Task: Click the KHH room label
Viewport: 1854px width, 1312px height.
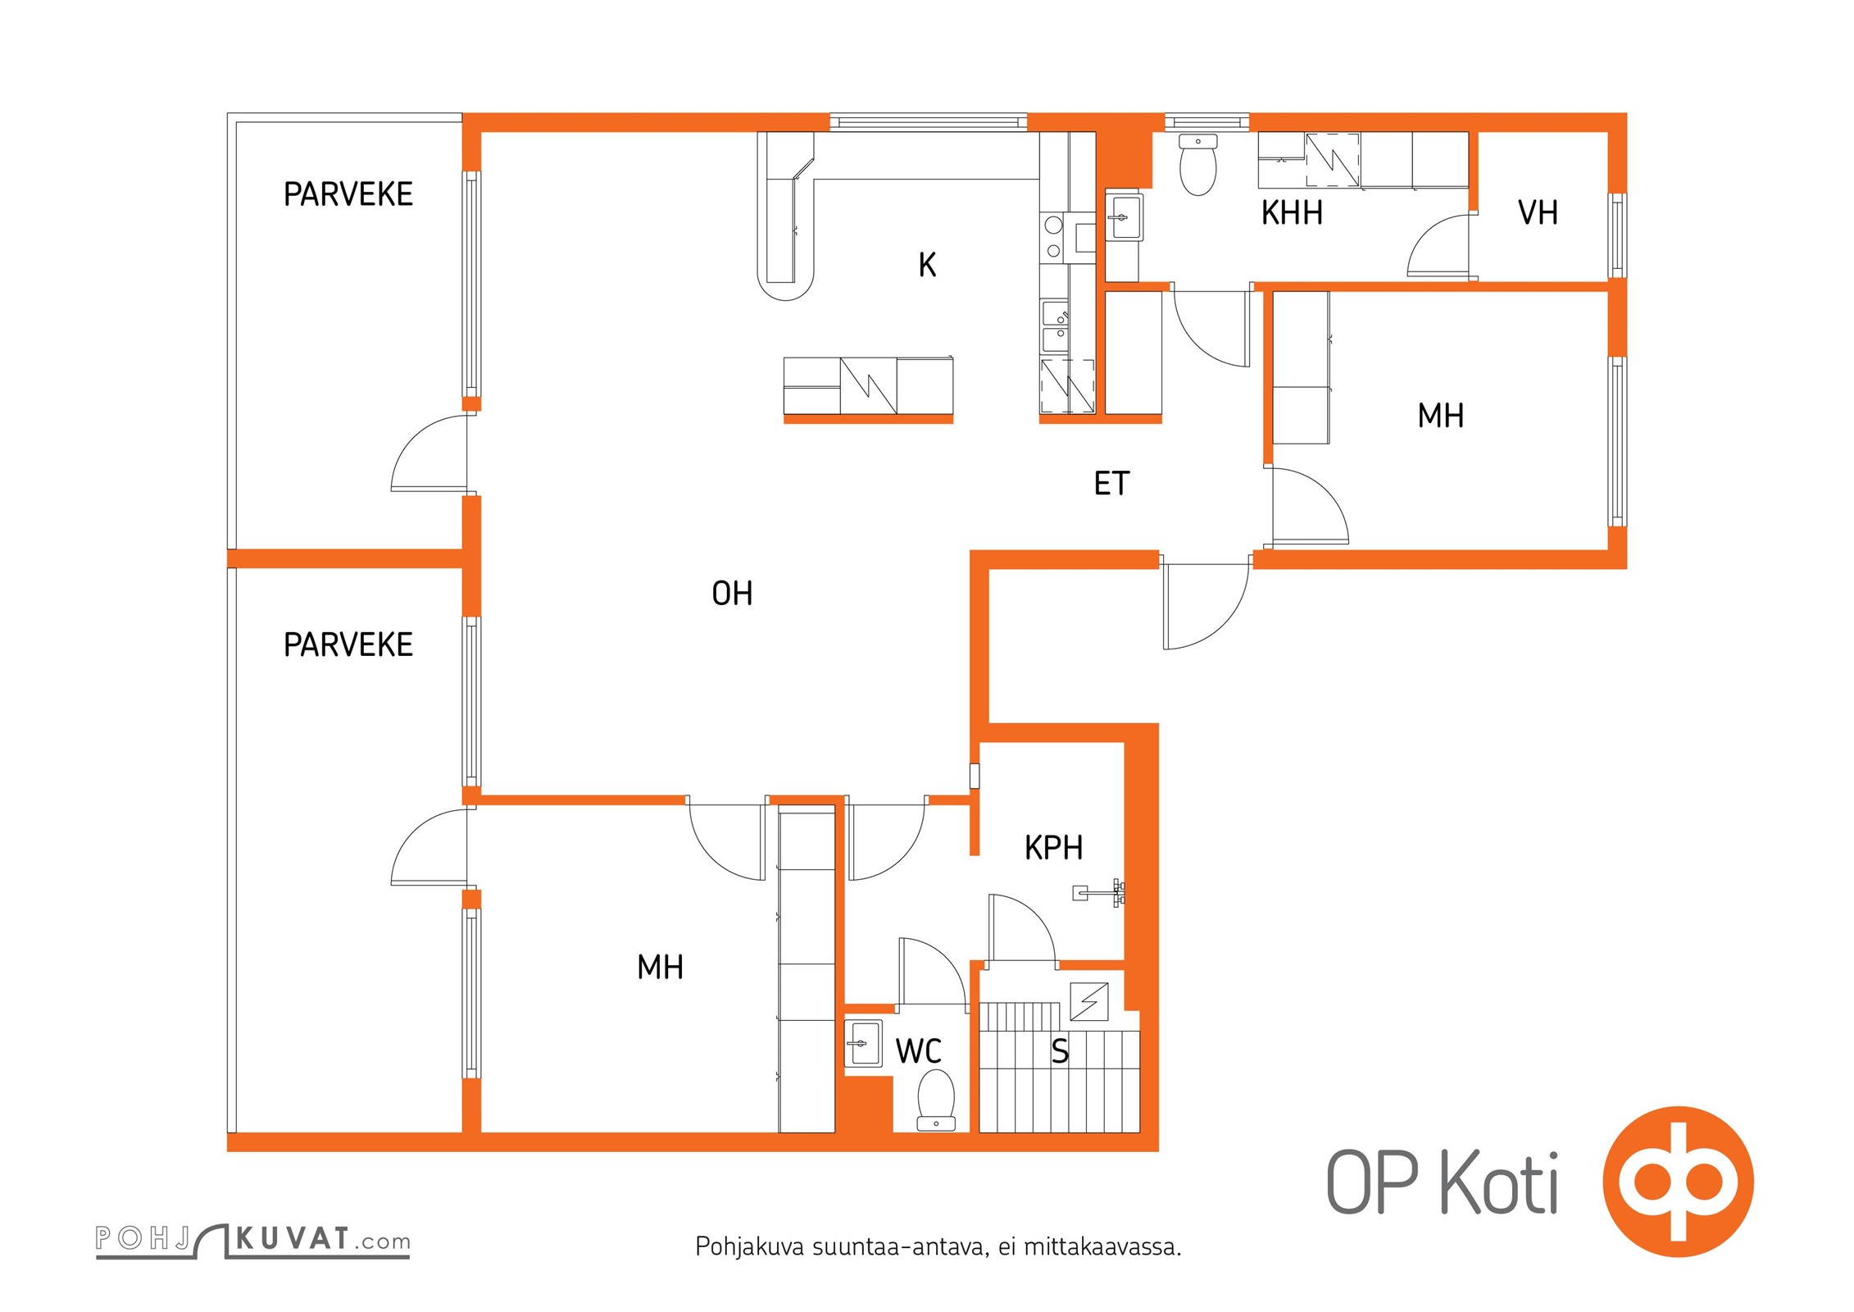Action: pos(1292,213)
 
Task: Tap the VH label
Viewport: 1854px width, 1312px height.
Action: pos(1538,213)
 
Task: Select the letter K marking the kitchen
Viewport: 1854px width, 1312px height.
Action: pos(927,265)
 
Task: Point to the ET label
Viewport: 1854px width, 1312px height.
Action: pos(1111,484)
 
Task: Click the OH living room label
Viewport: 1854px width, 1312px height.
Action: pos(732,594)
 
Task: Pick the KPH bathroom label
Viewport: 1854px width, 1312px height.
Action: pos(1053,848)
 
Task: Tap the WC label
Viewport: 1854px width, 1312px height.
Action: pos(918,1051)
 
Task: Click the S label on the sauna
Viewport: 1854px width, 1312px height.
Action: pos(1060,1051)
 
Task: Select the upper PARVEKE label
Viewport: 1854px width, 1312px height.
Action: pos(348,194)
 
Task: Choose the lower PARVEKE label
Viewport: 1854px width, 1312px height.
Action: pos(348,645)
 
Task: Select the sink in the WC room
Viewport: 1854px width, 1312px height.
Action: pos(863,1044)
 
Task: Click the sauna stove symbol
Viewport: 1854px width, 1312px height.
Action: pos(1089,1001)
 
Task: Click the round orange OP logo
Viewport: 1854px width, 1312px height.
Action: pos(1678,1182)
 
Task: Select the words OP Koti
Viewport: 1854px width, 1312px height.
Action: pos(1442,1182)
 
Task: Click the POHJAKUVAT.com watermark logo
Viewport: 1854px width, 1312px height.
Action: pos(252,1240)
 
